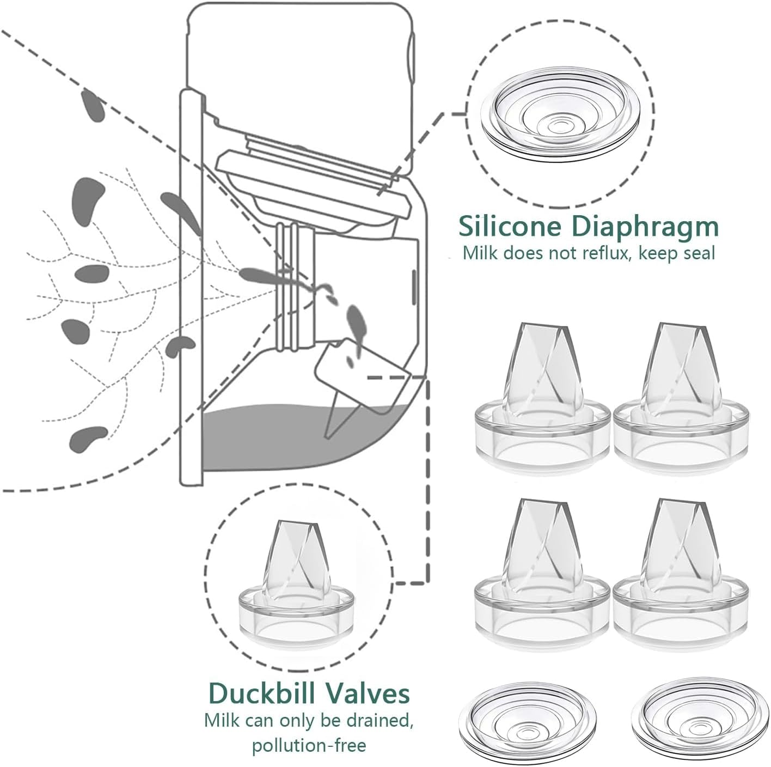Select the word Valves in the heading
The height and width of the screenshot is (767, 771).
click(x=372, y=694)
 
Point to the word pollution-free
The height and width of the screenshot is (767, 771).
click(x=308, y=744)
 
